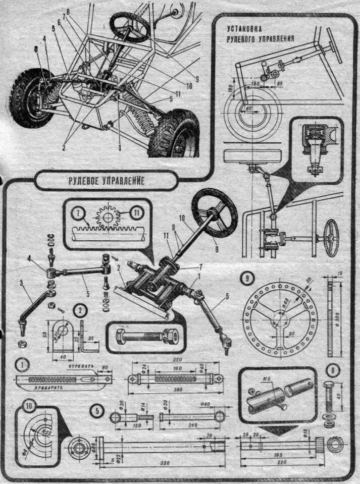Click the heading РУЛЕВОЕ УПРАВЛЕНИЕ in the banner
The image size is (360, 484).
point(107,181)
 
